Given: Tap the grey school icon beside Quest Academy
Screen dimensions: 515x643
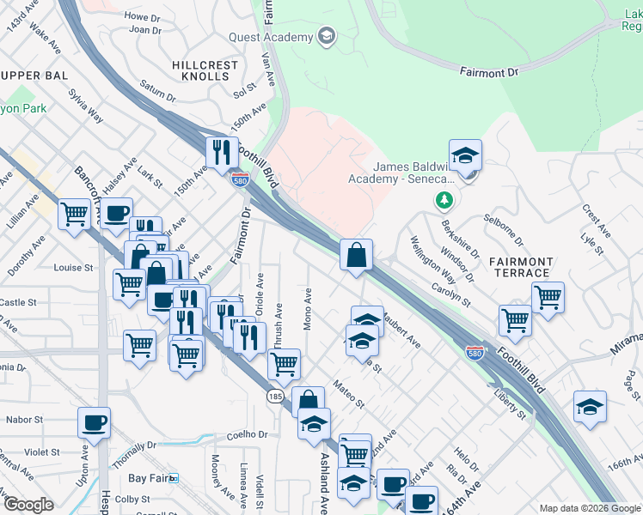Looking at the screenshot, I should tap(327, 36).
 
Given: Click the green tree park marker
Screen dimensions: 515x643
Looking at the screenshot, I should tap(444, 200).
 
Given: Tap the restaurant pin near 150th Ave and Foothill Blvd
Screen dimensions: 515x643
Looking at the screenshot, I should tap(222, 153).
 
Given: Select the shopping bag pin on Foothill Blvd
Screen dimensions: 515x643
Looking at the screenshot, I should tap(356, 255).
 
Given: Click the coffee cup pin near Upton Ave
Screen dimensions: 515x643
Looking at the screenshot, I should tap(94, 422).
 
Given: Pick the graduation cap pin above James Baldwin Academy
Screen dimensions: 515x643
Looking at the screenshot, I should tap(465, 155).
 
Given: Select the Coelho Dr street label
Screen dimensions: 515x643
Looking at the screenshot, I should tap(248, 435).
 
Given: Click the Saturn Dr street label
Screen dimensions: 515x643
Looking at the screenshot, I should tap(156, 90).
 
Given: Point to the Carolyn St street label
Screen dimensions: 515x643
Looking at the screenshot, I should tap(452, 294).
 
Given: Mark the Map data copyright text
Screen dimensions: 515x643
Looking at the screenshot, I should tap(589, 508).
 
